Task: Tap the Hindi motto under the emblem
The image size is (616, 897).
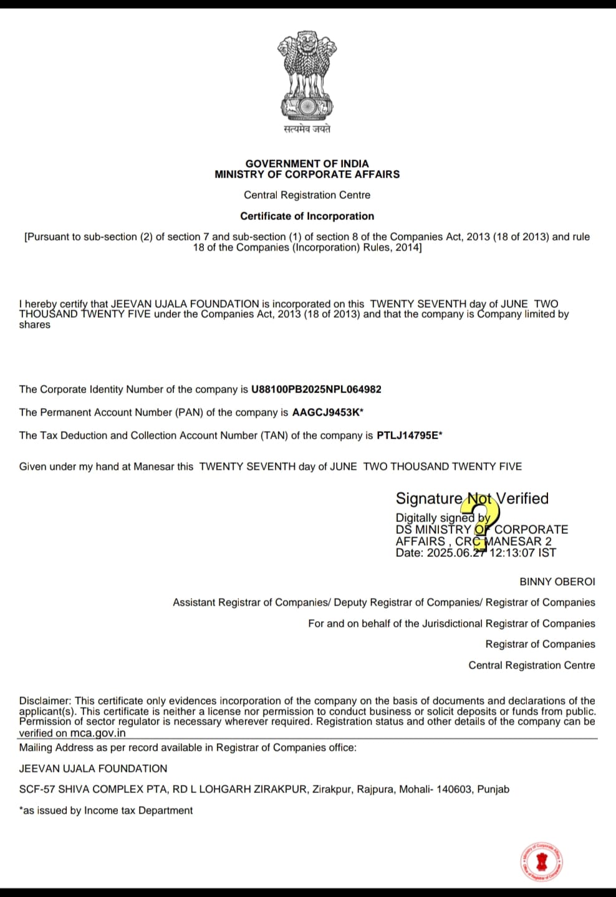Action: point(307,129)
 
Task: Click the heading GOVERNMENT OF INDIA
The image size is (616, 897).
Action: point(307,163)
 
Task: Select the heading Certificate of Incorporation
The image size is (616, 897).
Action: point(307,216)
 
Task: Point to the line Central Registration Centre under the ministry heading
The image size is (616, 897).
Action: point(307,195)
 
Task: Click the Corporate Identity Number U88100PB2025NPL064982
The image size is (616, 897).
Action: point(316,389)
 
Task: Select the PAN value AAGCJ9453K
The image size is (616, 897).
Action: point(326,412)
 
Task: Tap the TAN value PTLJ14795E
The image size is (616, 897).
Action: point(408,435)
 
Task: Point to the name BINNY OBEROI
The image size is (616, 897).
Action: point(557,581)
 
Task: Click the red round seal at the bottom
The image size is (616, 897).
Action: point(542,862)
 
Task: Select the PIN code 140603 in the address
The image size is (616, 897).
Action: point(453,789)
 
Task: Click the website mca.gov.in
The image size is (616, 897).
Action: point(98,733)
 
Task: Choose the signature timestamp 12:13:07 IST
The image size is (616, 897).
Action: point(522,553)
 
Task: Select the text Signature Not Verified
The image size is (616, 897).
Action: point(472,498)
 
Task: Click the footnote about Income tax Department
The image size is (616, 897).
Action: point(106,810)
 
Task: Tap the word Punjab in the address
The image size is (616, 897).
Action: point(493,789)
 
